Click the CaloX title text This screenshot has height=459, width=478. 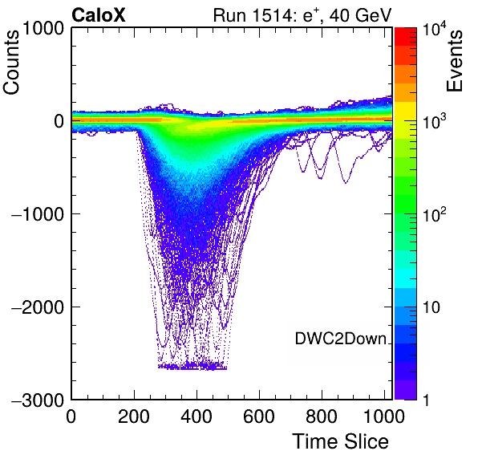pos(99,15)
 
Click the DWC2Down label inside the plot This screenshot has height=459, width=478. pos(341,339)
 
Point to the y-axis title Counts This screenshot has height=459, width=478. pos(11,63)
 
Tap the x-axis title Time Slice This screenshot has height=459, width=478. pos(340,441)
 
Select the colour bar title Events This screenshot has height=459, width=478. pos(455,60)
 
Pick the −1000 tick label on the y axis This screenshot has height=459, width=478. pos(38,214)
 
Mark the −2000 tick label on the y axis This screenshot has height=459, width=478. pos(38,307)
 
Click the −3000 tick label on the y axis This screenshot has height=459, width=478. pos(38,400)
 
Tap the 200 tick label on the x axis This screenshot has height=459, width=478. pos(134,416)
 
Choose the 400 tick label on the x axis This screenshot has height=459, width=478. pos(196,416)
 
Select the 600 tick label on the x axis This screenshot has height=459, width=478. pos(259,416)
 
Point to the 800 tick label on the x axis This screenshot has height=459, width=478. pos(322,416)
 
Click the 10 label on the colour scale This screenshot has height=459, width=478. pos(431,307)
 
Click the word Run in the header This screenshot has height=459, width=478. pos(230,15)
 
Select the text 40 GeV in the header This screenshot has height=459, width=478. pos(360,15)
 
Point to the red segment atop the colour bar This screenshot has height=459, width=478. pos(406,37)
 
